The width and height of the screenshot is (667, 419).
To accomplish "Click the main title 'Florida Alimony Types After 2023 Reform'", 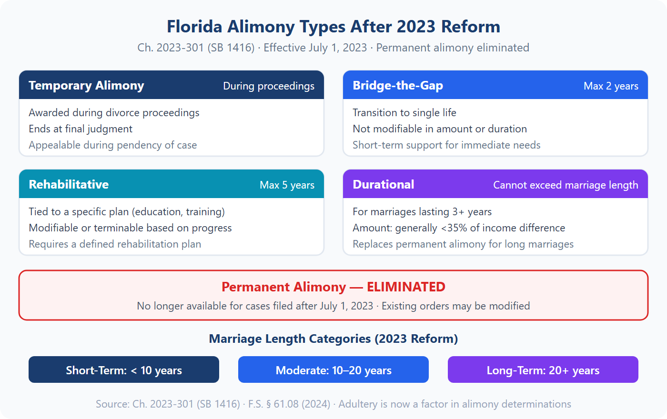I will (x=333, y=27).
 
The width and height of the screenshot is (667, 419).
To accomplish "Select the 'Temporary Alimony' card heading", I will (x=86, y=86).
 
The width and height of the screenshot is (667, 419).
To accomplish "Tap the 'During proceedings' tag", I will (x=269, y=86).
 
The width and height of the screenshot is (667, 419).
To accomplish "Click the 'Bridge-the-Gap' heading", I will (x=398, y=86).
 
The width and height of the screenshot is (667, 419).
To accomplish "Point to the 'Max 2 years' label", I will (x=611, y=86).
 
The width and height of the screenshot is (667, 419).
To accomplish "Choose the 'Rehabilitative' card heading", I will (x=69, y=185).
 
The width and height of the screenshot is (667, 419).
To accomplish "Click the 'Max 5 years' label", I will (x=287, y=185).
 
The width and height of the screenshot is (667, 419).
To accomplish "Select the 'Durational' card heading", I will (x=384, y=185).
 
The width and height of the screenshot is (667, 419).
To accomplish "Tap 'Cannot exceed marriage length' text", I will (x=566, y=185).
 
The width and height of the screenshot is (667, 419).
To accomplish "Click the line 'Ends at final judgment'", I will (x=81, y=129).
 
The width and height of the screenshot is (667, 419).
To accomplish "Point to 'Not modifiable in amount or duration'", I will (x=440, y=129).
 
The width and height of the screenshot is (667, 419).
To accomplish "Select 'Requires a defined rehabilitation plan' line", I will (x=115, y=244).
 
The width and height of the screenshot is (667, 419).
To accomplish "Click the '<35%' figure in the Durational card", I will (x=454, y=228).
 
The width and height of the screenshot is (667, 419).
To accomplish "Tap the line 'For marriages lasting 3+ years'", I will (x=422, y=212).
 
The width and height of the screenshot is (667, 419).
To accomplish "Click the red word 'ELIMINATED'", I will (x=406, y=287).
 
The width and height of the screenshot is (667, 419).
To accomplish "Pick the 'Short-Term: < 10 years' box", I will (x=124, y=370).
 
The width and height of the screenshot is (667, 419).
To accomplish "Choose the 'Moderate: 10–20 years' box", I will (x=333, y=370).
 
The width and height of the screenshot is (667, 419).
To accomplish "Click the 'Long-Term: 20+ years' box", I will (x=543, y=370).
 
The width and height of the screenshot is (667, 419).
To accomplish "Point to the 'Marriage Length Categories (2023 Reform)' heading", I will (x=333, y=339).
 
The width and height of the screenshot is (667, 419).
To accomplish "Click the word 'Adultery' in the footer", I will (x=358, y=404).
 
